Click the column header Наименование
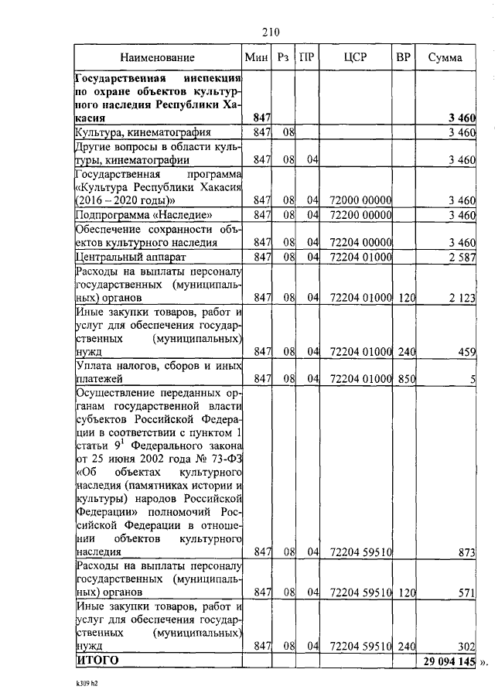[x=158, y=57]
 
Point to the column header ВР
[x=403, y=57]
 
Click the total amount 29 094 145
[x=449, y=661]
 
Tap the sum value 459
[x=465, y=352]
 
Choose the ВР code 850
[x=405, y=379]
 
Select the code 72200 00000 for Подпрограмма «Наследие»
[x=360, y=214]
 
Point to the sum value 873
[x=465, y=552]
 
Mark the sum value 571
[x=465, y=592]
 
